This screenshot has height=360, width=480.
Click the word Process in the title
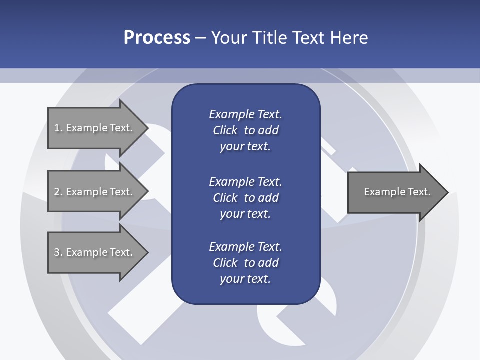point(157,38)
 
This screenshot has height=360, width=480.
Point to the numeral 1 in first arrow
point(57,128)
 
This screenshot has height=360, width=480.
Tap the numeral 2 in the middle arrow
point(57,192)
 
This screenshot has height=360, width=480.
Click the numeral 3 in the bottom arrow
point(57,252)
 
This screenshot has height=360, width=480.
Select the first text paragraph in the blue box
point(245,130)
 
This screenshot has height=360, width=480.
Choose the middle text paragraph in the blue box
point(245,197)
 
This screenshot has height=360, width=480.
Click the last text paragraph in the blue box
point(245,263)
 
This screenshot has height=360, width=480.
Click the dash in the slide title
point(200,38)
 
